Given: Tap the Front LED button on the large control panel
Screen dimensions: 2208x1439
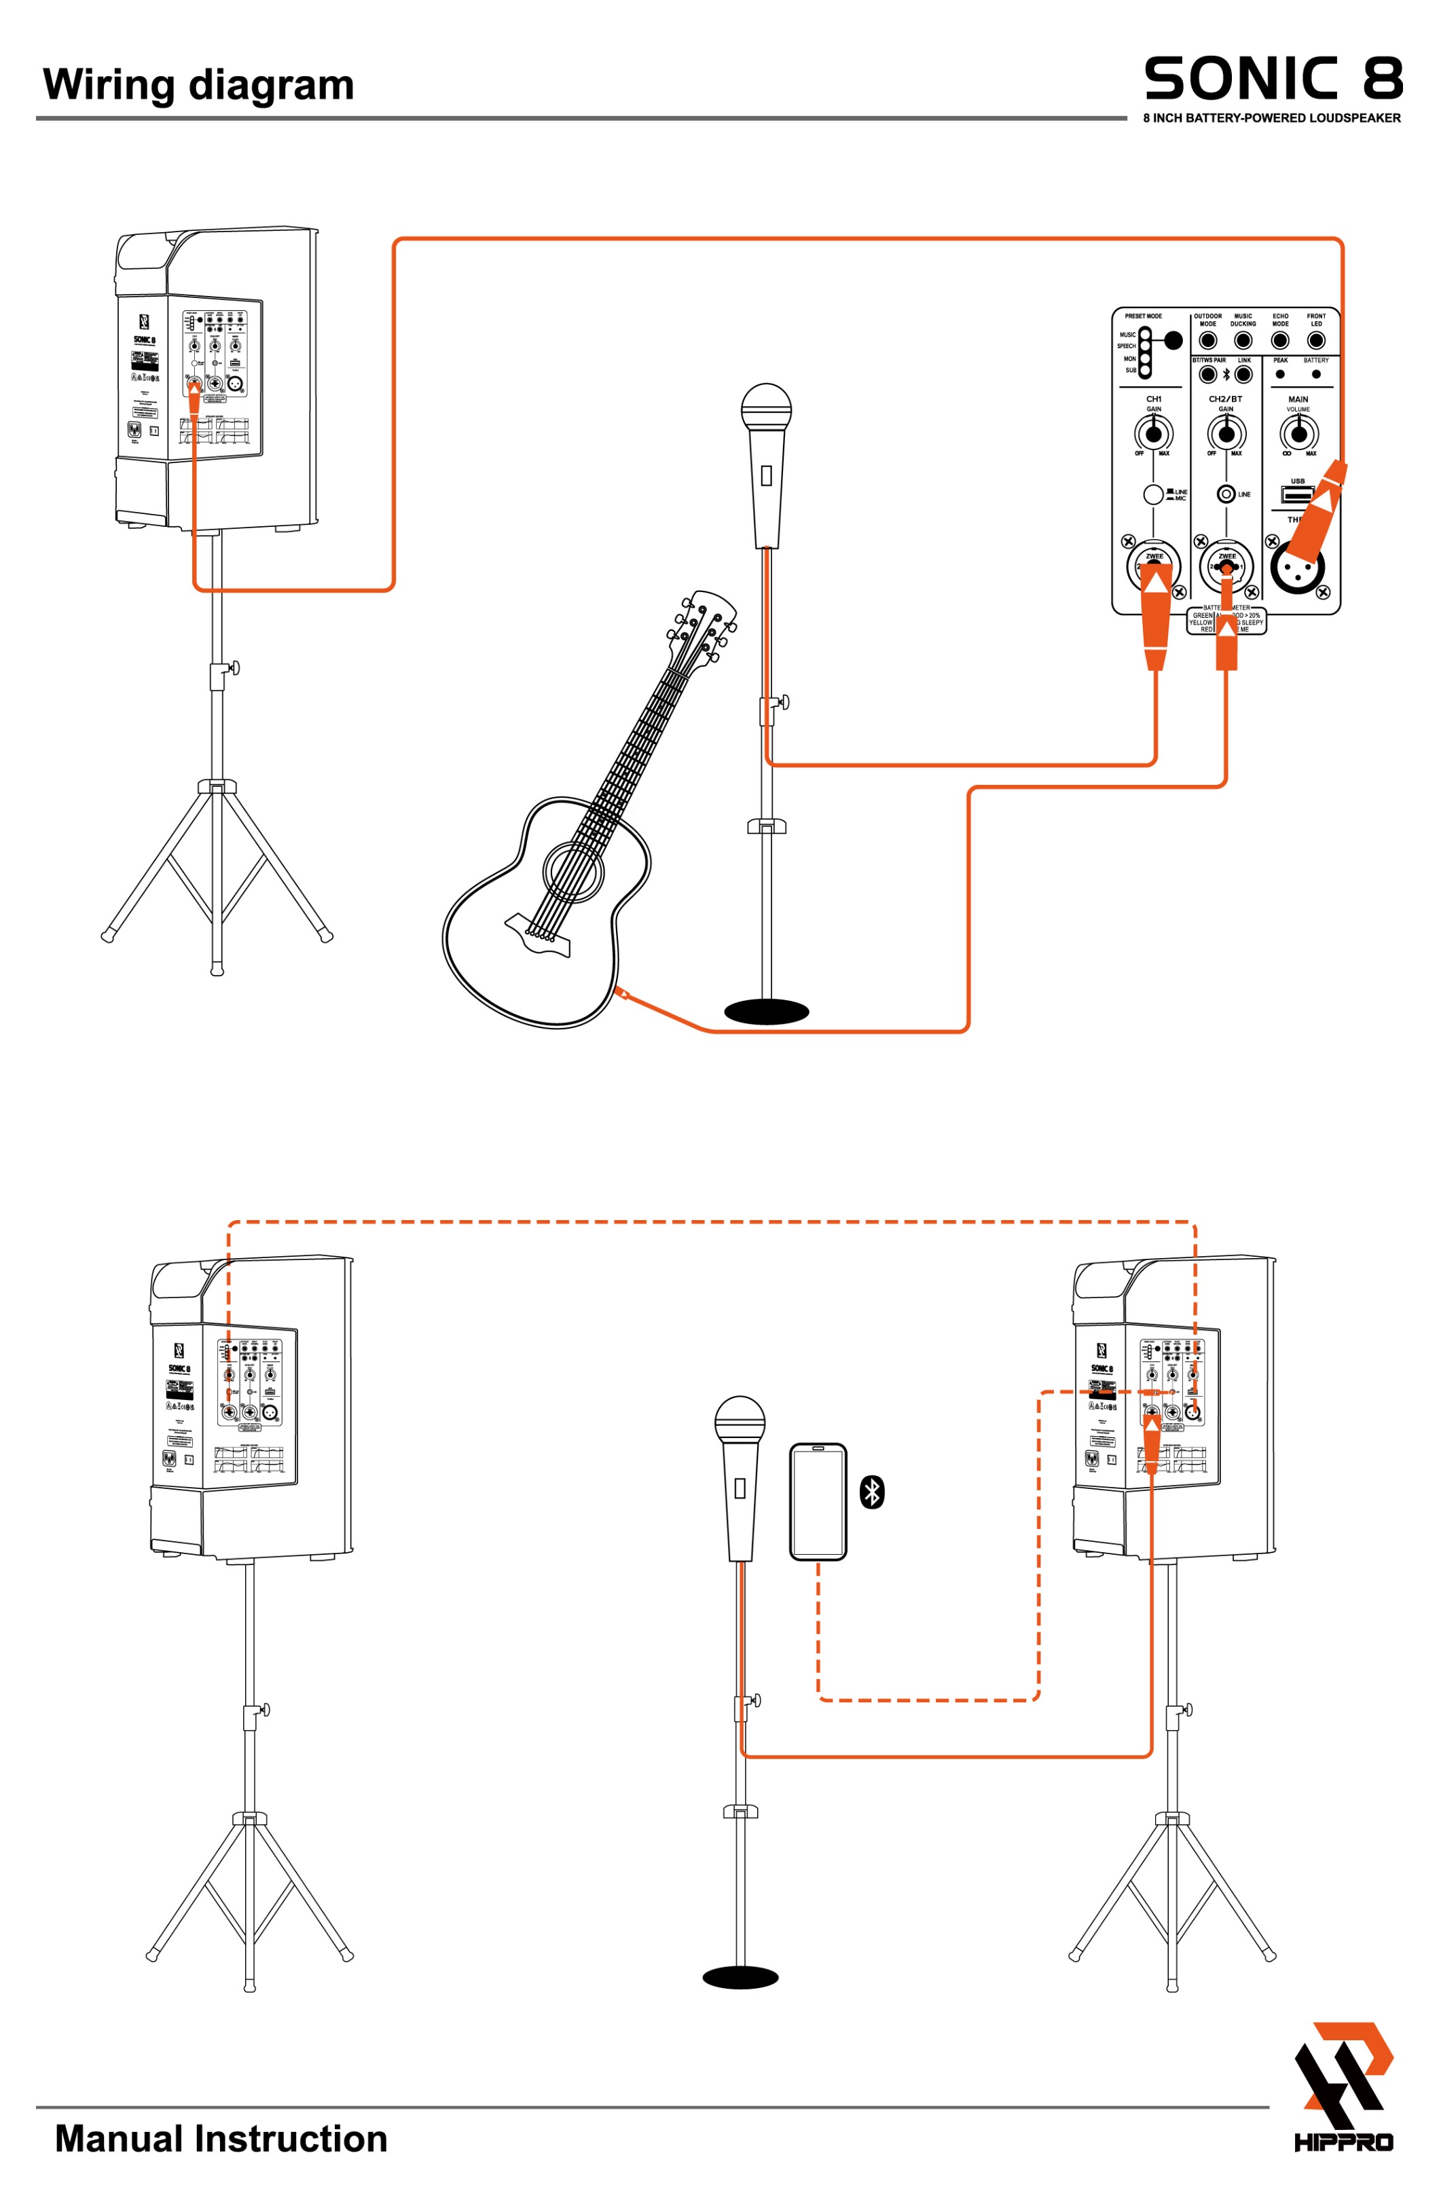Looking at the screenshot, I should (1315, 340).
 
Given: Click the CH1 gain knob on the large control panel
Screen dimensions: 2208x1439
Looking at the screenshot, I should (1153, 433).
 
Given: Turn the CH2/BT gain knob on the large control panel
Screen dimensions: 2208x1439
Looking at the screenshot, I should (1226, 433).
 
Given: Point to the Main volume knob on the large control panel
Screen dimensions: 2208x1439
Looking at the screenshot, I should (1298, 433).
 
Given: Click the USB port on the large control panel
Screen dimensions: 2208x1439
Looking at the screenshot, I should (1297, 494).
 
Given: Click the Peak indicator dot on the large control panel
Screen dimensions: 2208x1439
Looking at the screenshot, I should (1280, 375).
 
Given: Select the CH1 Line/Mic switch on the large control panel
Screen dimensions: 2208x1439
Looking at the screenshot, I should (1152, 494).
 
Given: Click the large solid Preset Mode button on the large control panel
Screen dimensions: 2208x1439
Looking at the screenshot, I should (1173, 340).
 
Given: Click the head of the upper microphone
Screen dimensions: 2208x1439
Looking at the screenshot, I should (765, 408).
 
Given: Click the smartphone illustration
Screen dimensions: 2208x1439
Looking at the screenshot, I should (818, 1501).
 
